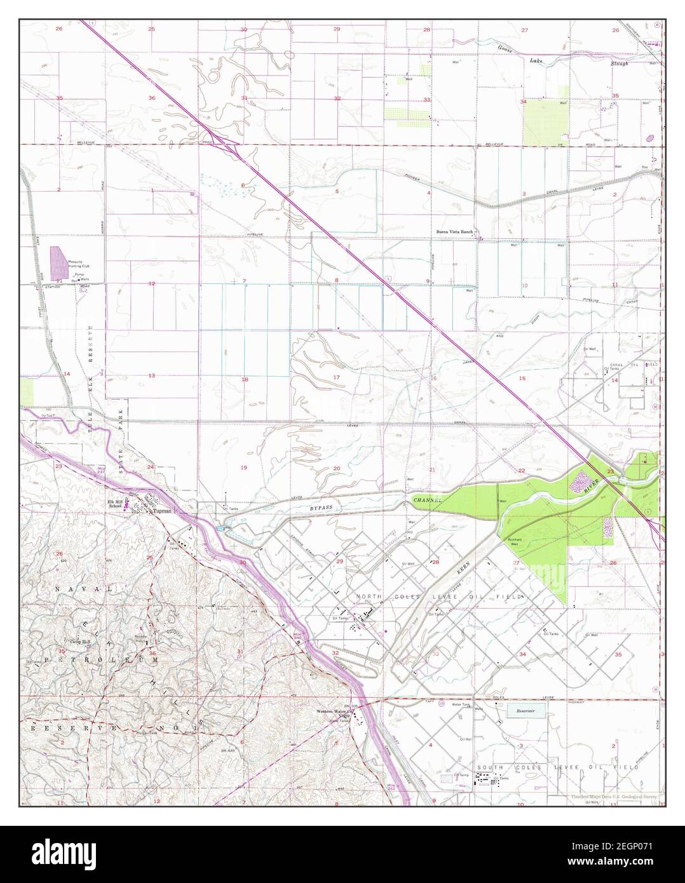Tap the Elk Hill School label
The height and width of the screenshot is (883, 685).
pos(116,505)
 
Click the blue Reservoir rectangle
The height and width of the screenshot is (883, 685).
pos(527,710)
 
